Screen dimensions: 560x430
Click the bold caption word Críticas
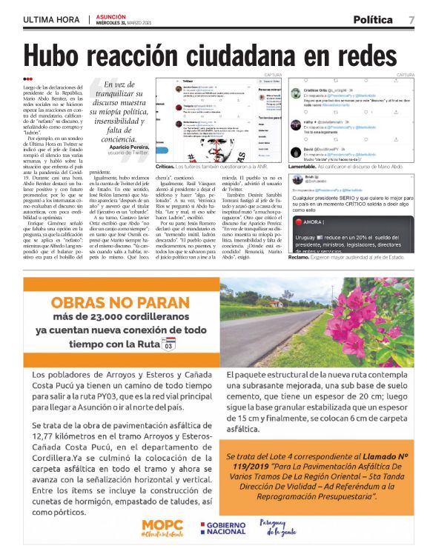[x=166, y=167]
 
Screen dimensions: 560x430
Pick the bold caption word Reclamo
[x=302, y=257]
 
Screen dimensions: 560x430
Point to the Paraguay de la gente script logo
[x=280, y=527]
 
